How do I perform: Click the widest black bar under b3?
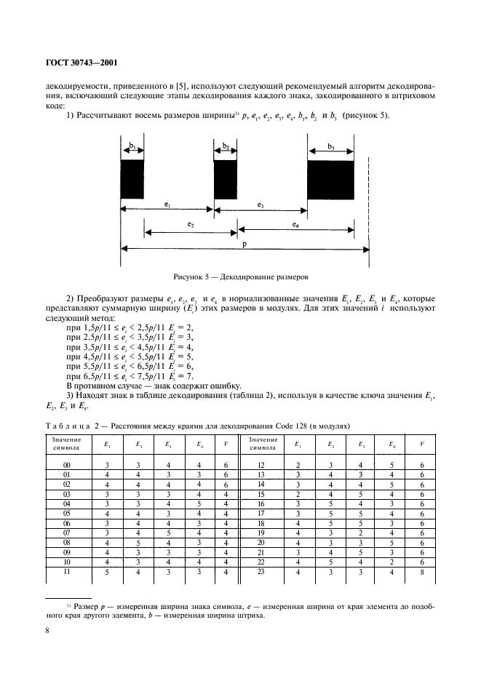(330, 180)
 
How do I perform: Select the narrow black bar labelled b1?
(132, 179)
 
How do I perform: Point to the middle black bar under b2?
(226, 179)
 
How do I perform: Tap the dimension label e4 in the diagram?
(295, 226)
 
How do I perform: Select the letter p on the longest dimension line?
(244, 245)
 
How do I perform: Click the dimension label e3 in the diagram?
(260, 206)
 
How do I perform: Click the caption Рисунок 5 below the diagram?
(241, 277)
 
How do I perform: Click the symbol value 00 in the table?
(66, 465)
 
